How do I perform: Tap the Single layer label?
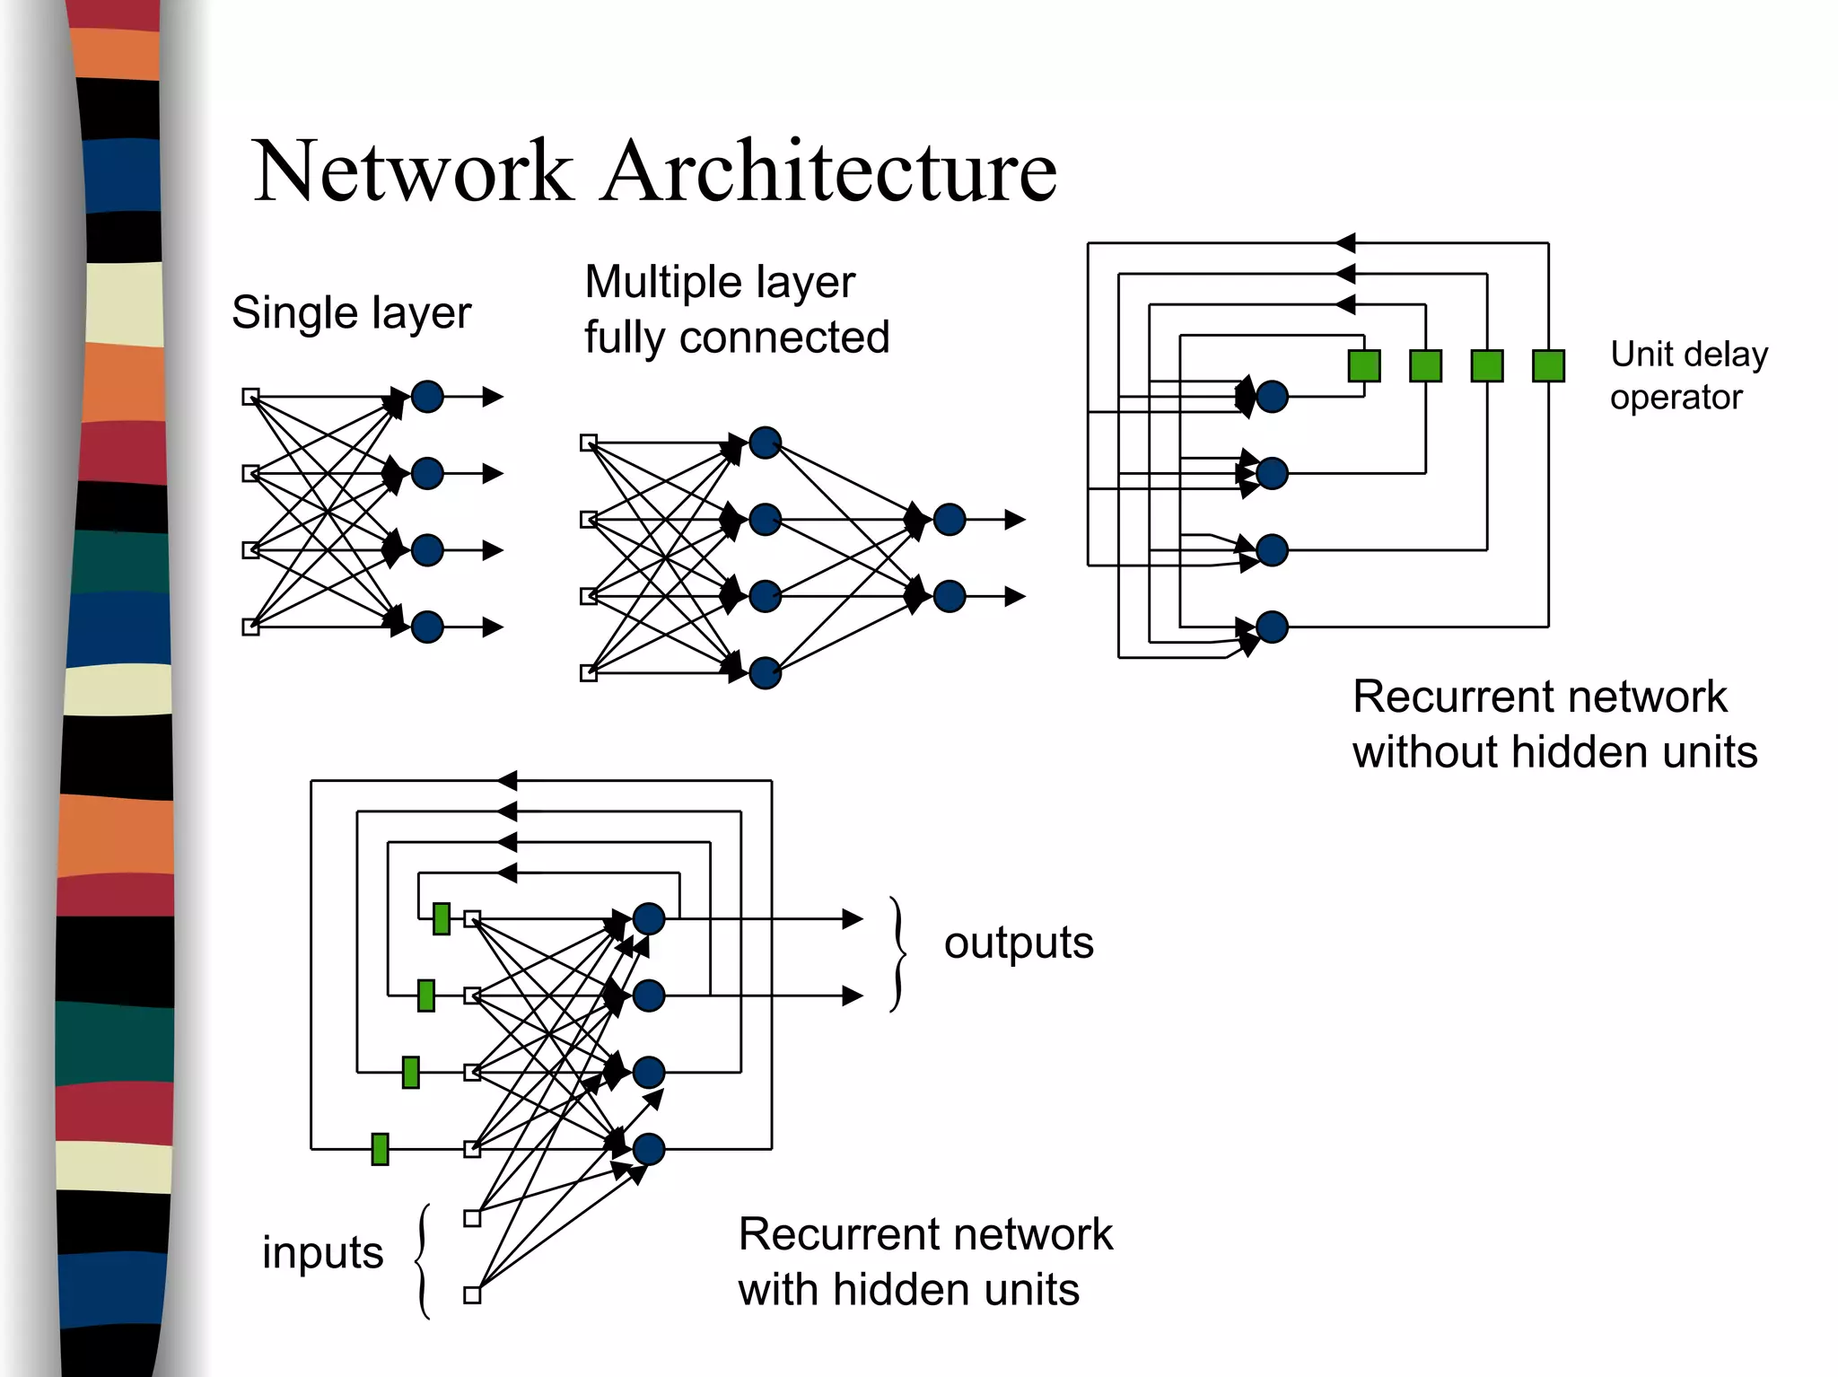click(351, 313)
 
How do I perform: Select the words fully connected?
click(736, 338)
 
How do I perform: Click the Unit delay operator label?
click(1687, 375)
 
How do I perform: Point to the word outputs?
click(1019, 943)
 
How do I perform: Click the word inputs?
click(322, 1252)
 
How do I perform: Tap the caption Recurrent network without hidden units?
click(1554, 724)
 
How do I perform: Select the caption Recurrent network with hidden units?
click(924, 1261)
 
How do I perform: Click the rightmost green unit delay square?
click(1548, 366)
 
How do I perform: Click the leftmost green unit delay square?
click(1363, 366)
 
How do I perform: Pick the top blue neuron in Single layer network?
click(427, 396)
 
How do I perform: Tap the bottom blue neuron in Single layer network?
click(427, 627)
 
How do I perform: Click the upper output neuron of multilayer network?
click(949, 519)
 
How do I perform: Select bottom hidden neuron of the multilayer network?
click(765, 672)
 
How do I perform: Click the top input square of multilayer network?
click(588, 443)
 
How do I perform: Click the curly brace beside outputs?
click(897, 954)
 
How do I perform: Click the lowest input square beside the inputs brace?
click(472, 1294)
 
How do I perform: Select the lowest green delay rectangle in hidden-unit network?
click(380, 1149)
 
